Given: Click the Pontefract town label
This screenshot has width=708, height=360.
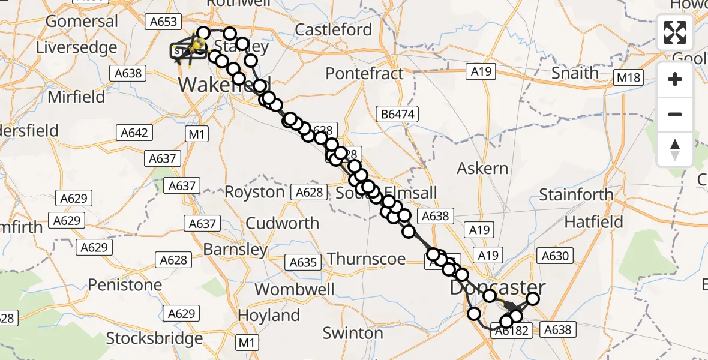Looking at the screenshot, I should coord(365,74).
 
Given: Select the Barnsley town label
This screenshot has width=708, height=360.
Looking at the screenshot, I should coord(236,249).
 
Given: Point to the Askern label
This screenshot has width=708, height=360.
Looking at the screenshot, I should coord(482,169).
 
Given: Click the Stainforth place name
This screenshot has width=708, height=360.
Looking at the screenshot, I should coord(576,194).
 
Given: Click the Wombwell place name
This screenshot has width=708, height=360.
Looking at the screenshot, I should coord(294,289).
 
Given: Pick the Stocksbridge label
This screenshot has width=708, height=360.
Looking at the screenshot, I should coord(154,338).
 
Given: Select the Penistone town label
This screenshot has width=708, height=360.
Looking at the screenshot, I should coord(125,284).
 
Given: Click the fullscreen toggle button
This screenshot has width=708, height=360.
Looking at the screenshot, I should coord(675,32).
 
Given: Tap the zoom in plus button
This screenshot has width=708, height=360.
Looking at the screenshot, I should coord(675,79).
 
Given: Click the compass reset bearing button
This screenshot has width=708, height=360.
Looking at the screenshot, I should coord(675,149).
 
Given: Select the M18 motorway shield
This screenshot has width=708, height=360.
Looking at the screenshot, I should coord(628,77).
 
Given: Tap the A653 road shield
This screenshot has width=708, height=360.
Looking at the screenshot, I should coord(163,22).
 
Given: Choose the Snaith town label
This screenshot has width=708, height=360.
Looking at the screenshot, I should coord(575,73).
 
